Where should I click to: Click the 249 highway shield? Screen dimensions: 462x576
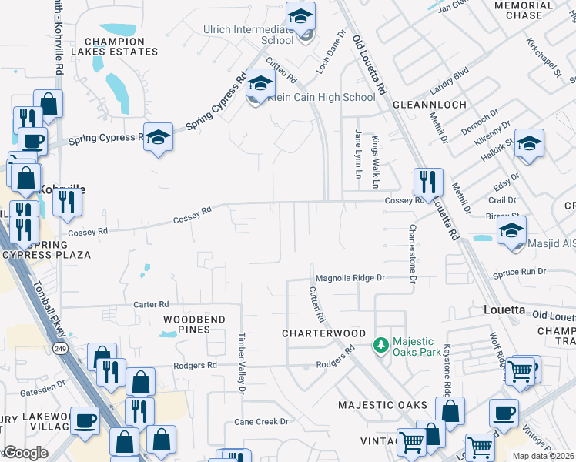[x=59, y=349]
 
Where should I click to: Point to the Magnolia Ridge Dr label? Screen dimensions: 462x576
[x=349, y=277]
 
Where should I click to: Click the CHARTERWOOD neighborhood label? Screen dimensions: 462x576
[x=323, y=333]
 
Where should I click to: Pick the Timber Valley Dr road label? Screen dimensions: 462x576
[x=241, y=363]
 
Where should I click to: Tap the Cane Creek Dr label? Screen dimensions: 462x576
[x=261, y=422]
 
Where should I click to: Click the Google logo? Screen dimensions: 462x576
[x=25, y=453]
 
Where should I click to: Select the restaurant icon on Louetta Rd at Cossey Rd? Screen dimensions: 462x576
[x=428, y=182]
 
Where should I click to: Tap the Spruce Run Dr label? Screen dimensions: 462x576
[x=520, y=272]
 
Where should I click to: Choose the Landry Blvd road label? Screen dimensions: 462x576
[x=449, y=80]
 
